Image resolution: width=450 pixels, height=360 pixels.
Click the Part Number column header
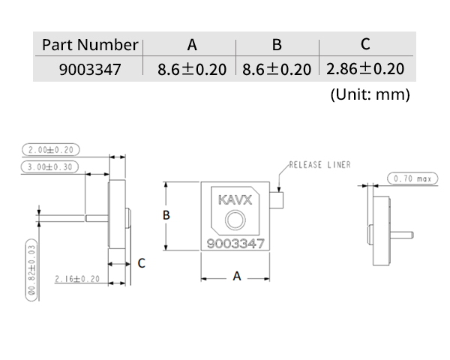click(x=90, y=45)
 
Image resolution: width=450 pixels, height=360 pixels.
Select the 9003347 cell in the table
click(x=90, y=70)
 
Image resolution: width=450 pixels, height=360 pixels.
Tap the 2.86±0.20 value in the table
click(x=365, y=69)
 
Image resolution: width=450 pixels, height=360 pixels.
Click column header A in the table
click(x=192, y=45)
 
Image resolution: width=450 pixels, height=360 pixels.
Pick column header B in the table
click(x=277, y=45)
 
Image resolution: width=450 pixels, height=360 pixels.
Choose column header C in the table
click(x=365, y=44)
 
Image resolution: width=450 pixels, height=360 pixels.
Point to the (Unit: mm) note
click(x=370, y=94)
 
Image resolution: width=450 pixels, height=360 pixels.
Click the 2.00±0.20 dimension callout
click(x=51, y=150)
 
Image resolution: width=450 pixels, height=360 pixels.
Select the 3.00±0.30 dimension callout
click(x=49, y=167)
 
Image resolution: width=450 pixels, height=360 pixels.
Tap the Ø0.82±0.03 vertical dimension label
click(x=31, y=270)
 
